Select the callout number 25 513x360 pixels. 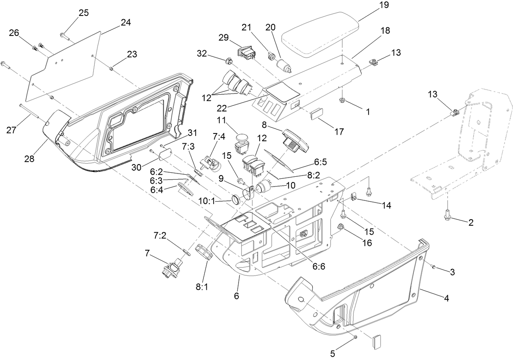pyautogui.click(x=84, y=13)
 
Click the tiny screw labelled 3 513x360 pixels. pyautogui.click(x=434, y=267)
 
